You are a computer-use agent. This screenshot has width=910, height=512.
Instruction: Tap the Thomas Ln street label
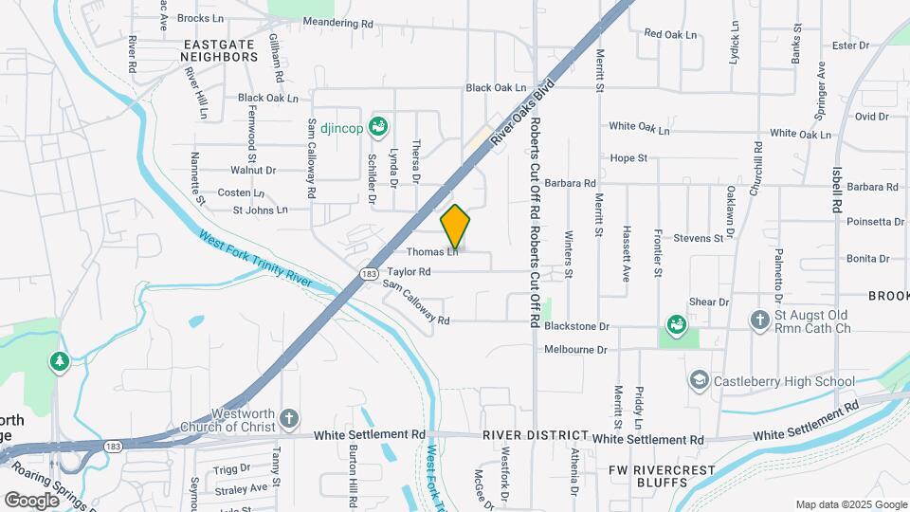click(x=432, y=252)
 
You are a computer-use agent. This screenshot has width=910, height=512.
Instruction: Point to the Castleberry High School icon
click(x=699, y=380)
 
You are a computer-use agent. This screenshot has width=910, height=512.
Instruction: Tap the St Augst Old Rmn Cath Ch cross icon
click(x=759, y=320)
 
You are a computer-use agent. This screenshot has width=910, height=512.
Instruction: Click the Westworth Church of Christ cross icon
click(x=290, y=418)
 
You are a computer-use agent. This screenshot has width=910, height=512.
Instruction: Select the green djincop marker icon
click(x=378, y=125)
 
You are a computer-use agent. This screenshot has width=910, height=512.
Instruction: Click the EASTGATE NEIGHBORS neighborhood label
click(x=220, y=50)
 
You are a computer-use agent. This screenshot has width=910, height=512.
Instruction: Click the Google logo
click(x=32, y=500)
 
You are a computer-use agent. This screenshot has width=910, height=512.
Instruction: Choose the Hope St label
click(x=629, y=158)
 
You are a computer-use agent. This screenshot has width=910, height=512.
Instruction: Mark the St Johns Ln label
click(x=260, y=210)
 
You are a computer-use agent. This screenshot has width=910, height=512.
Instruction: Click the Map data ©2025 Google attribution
click(x=850, y=504)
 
